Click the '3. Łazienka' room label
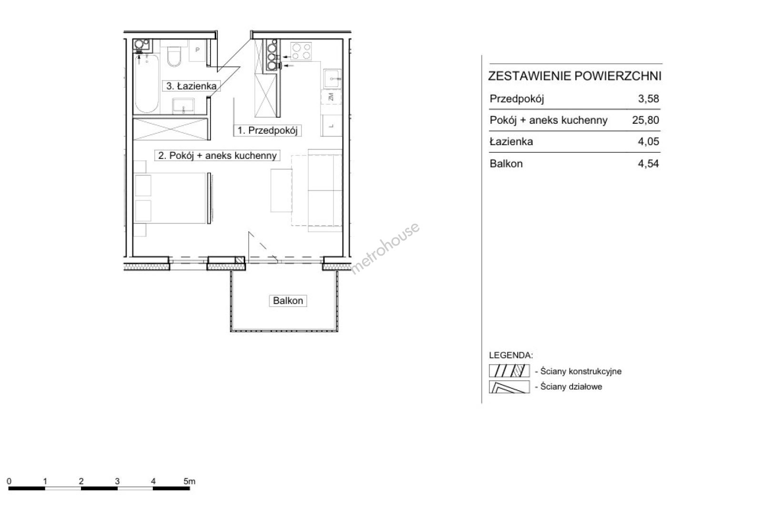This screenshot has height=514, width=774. (x=191, y=86)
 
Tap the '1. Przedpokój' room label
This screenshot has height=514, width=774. (x=267, y=130)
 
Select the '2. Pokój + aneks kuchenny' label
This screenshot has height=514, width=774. (x=217, y=156)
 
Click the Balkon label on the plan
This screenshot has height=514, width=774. (x=288, y=301)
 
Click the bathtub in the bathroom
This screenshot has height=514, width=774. (x=147, y=84)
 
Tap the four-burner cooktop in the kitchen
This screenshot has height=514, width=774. (x=301, y=51)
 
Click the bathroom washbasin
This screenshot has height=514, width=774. (x=183, y=106)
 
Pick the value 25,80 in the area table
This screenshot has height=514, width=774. (x=645, y=120)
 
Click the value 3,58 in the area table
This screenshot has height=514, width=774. (x=649, y=99)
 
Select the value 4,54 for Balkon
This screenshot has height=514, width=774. (x=648, y=164)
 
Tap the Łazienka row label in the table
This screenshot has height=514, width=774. (x=511, y=141)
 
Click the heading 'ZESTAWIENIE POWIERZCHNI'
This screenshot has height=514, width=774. (x=574, y=76)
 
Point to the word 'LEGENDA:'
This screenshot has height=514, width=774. (x=511, y=355)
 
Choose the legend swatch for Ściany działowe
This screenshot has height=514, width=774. (x=509, y=386)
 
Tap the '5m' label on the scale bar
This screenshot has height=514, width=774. (x=190, y=481)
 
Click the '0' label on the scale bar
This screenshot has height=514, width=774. (x=9, y=481)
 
